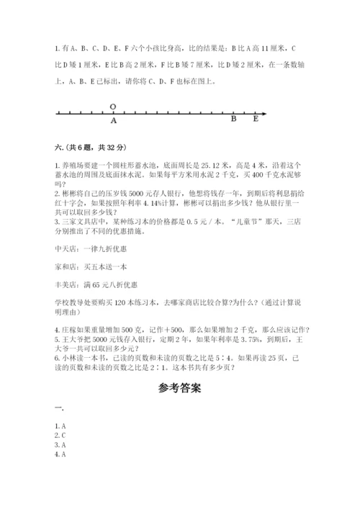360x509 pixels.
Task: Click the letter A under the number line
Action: tap(114, 121)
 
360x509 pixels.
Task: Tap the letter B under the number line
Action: tap(233, 120)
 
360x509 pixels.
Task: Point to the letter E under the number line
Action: tap(256, 120)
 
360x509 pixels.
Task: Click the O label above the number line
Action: tap(113, 107)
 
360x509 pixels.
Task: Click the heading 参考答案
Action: tap(179, 388)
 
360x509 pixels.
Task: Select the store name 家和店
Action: tap(66, 267)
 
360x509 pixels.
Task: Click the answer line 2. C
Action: tap(61, 436)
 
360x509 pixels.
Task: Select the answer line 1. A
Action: tap(61, 425)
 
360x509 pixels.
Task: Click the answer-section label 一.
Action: tap(59, 407)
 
